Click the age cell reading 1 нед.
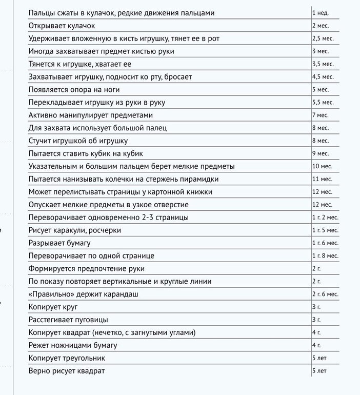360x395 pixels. (320, 12)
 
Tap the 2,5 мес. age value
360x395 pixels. (323, 38)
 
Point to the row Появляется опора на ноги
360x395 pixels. (74, 89)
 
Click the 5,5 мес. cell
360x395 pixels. (323, 102)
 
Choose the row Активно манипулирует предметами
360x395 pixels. (91, 115)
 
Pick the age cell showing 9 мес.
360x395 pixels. (321, 153)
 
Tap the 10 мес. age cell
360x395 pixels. (322, 166)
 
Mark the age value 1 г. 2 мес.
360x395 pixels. (325, 218)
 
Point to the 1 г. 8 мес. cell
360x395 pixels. (325, 255)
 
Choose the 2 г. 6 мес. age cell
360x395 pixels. (325, 294)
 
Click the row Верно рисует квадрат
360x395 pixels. (67, 371)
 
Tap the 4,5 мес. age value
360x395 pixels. (323, 76)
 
